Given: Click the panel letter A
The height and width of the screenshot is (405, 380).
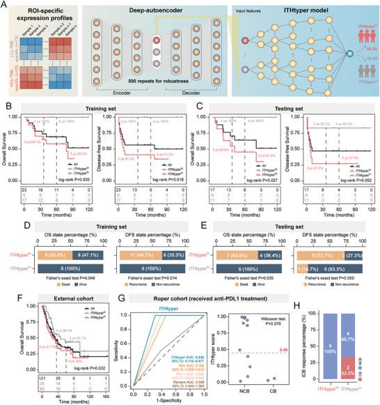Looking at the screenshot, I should (x=5, y=5).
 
